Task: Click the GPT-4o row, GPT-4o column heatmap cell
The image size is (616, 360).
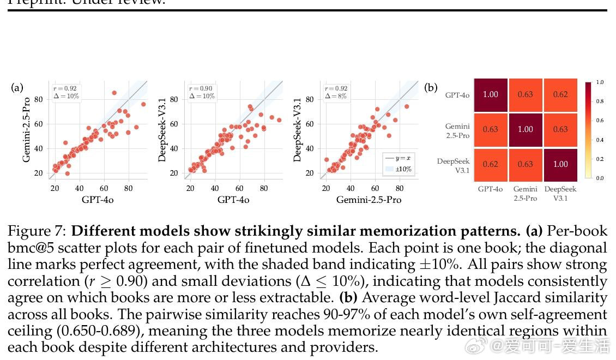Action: (491, 94)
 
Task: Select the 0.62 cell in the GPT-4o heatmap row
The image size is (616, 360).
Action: (560, 94)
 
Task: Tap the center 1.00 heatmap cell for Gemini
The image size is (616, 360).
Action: (526, 129)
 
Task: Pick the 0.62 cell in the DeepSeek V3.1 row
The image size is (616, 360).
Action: (491, 164)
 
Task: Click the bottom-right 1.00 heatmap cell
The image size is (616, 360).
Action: (560, 164)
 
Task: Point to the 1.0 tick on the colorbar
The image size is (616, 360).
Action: (600, 82)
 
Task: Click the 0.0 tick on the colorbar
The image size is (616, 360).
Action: (600, 178)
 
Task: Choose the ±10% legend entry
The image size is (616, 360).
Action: (398, 169)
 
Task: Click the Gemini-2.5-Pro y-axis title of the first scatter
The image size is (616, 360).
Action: (26, 130)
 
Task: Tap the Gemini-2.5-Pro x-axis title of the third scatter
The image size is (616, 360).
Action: (369, 200)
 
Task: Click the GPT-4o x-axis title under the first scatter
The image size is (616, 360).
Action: (98, 200)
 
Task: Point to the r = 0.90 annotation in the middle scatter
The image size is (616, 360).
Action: (201, 88)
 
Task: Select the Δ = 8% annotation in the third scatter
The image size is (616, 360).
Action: (335, 96)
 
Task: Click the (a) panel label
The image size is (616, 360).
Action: (17, 87)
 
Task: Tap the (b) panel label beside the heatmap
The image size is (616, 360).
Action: (431, 87)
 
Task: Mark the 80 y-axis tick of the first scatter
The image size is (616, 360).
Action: (39, 99)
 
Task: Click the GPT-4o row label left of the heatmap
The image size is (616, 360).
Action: (457, 95)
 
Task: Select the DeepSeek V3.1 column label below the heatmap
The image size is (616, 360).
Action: (560, 194)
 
